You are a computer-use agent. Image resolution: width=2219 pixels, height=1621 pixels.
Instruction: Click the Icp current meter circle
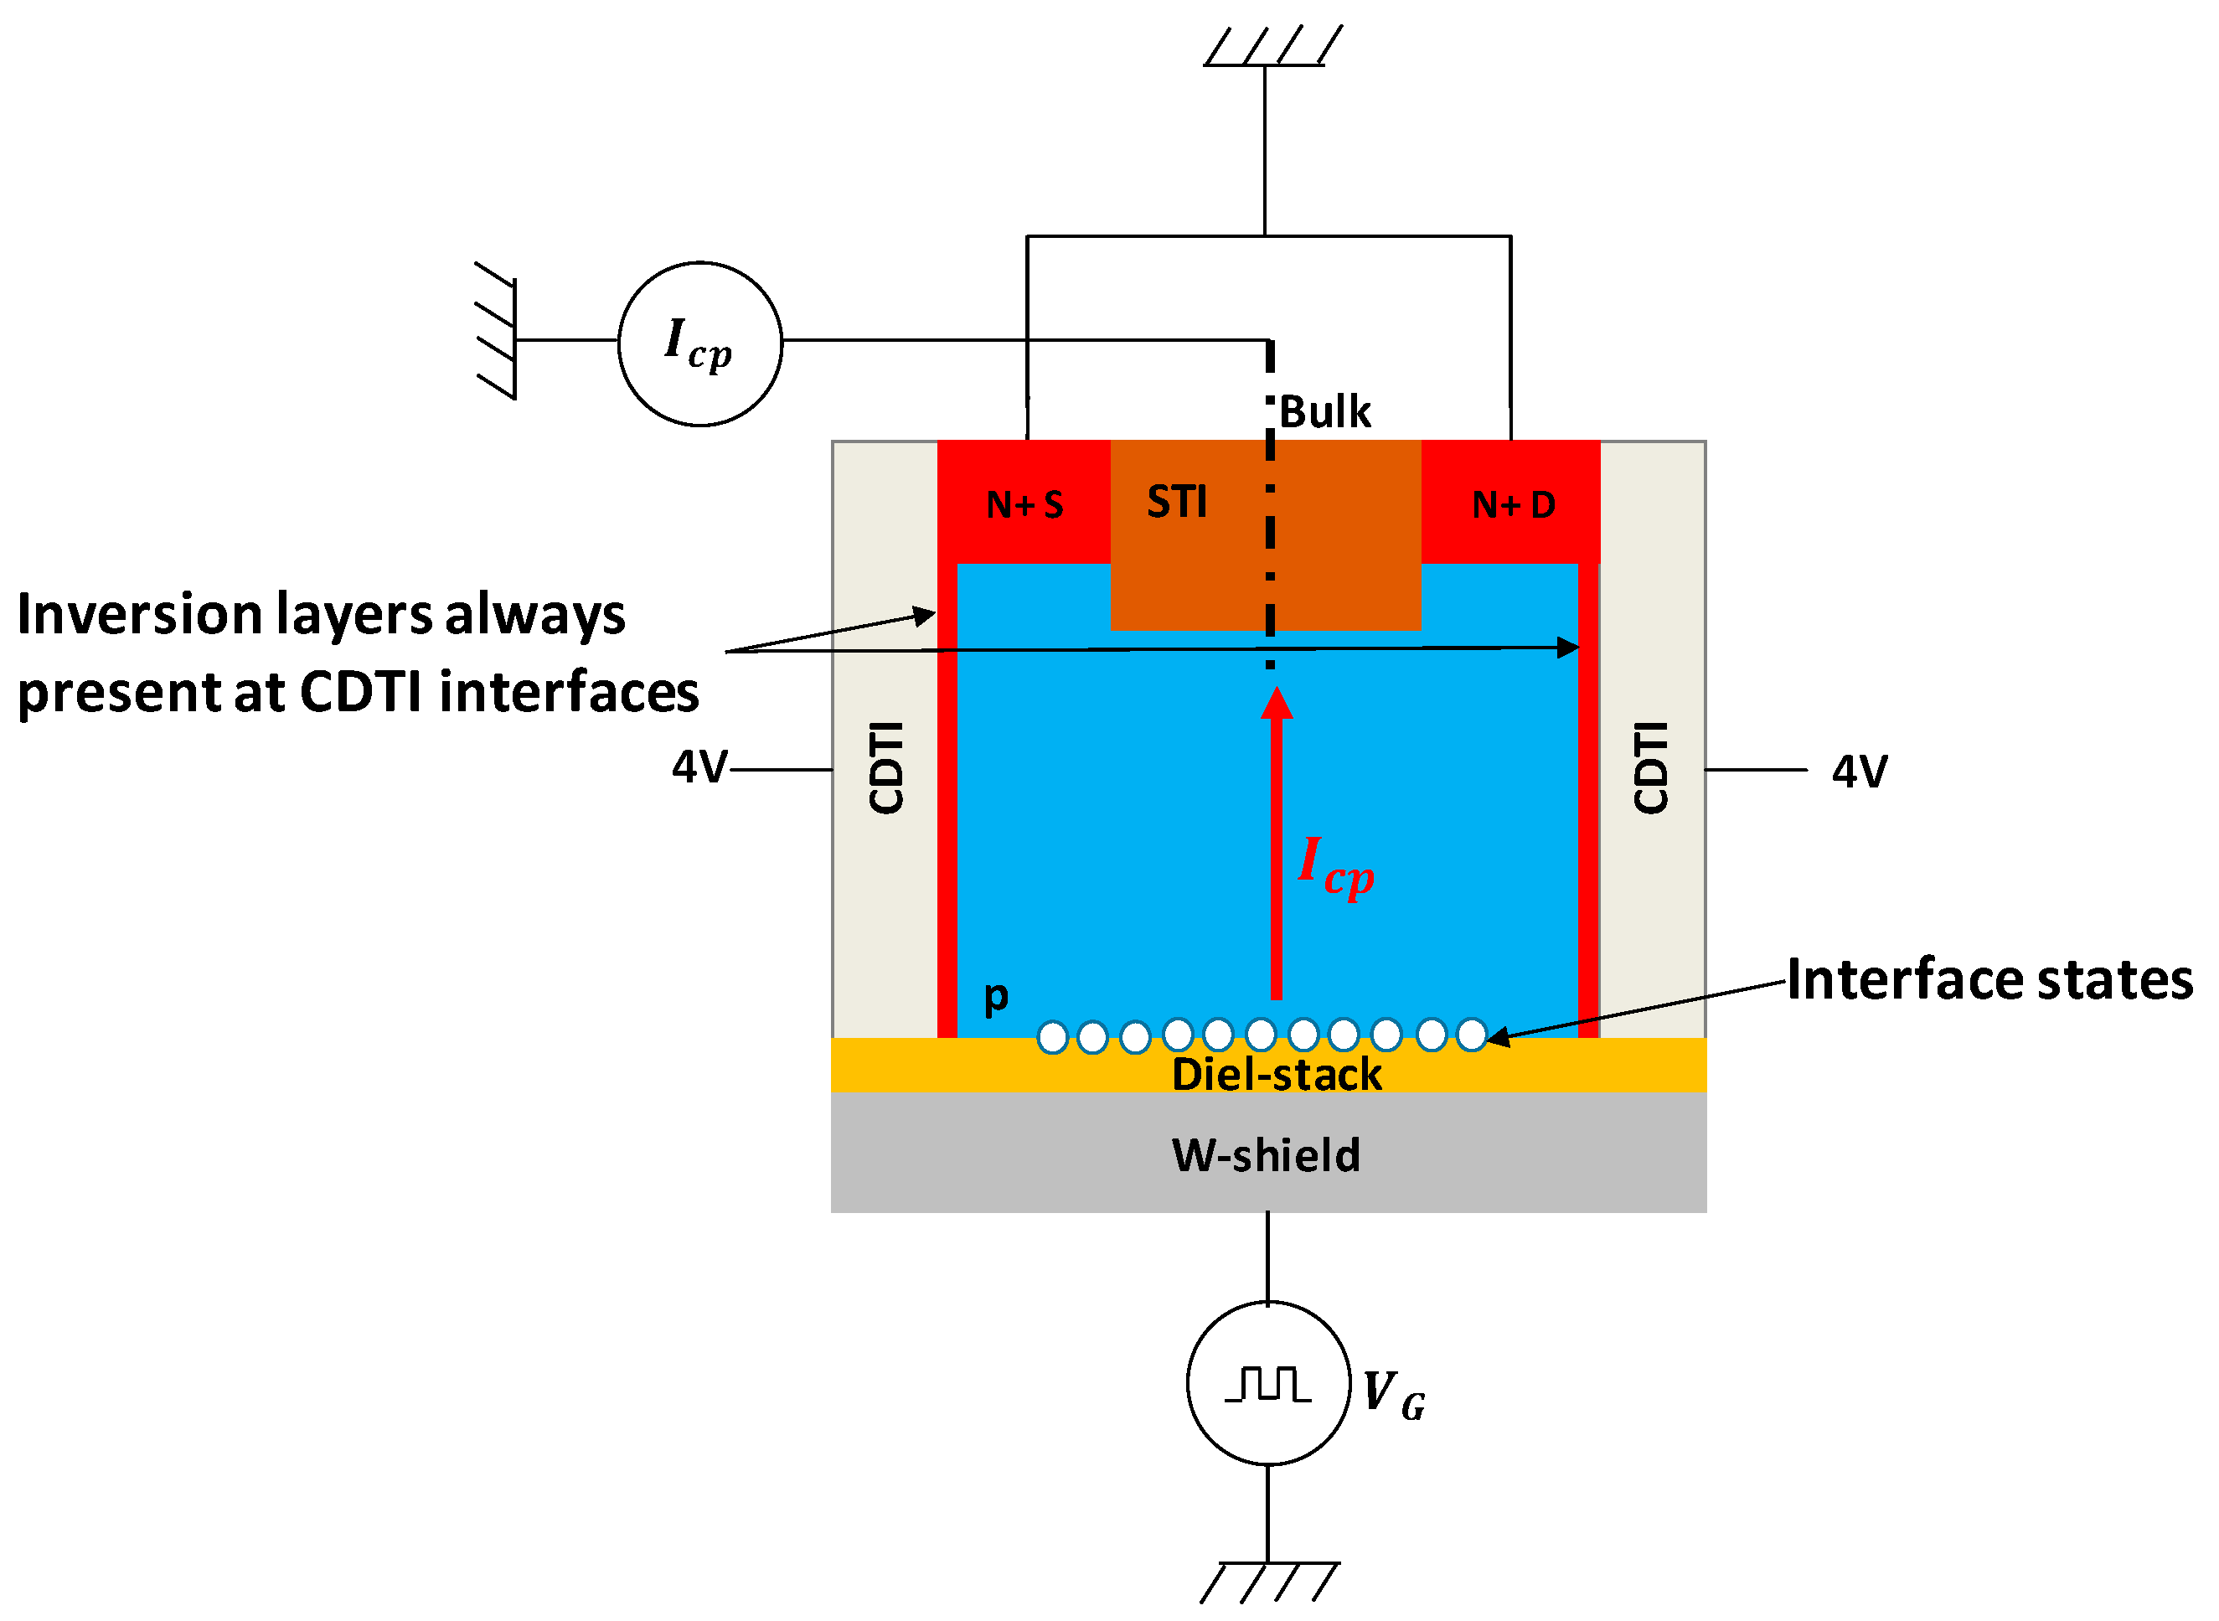point(699,343)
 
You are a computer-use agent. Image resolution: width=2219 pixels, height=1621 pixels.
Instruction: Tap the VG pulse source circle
point(1267,1384)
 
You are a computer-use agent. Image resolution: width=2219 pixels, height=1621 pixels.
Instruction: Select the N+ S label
point(1024,504)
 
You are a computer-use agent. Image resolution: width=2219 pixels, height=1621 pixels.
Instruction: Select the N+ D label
point(1513,504)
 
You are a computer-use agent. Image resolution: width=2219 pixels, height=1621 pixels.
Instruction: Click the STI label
point(1176,502)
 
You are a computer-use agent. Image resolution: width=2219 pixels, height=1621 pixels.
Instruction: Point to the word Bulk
point(1324,412)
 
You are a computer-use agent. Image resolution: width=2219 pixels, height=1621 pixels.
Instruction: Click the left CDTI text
point(885,767)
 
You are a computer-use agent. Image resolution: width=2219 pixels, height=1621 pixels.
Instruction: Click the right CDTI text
point(1650,767)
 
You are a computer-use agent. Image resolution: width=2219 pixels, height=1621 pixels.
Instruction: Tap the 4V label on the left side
point(699,767)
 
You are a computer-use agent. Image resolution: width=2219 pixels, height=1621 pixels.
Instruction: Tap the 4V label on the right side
point(1859,772)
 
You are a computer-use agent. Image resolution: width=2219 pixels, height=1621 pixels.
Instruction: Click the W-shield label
point(1267,1155)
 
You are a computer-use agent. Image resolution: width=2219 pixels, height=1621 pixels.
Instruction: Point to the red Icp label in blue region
point(1334,865)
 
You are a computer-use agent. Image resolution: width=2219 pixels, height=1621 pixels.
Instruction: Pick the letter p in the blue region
point(996,997)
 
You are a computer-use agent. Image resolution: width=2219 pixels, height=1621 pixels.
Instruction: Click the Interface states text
point(1989,979)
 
